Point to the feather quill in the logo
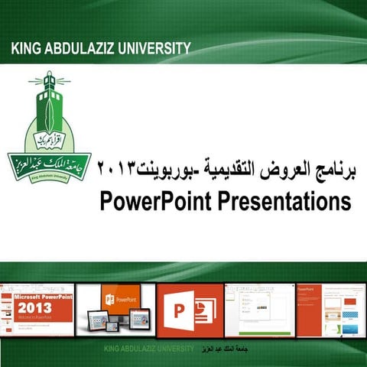(x=47, y=115)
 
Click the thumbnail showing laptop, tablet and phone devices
(x=127, y=310)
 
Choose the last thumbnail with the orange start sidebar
(x=328, y=310)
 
